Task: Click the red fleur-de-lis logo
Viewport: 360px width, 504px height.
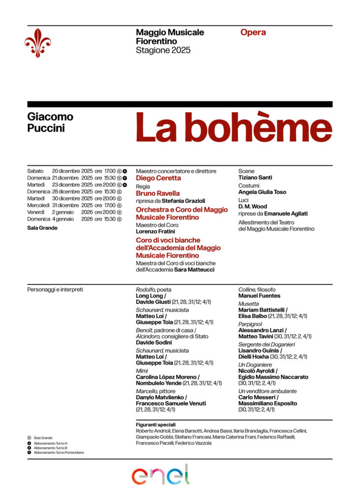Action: point(38,42)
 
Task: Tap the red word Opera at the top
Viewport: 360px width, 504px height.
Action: point(253,32)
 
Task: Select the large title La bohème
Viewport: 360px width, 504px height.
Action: point(234,128)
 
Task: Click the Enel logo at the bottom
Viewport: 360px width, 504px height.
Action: point(160,474)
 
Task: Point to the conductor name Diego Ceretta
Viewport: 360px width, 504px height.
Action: point(158,178)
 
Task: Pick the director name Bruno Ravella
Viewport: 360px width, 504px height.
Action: point(158,193)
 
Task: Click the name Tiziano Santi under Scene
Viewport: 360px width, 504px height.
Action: point(255,177)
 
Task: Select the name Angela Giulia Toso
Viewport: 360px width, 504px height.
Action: point(262,192)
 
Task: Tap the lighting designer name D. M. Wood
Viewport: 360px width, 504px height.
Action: point(252,207)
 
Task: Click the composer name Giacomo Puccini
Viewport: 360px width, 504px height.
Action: point(50,123)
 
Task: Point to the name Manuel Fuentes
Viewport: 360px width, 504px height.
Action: point(259,296)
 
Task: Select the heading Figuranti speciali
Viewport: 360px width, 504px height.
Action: point(155,424)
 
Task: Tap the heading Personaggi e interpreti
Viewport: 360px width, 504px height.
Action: point(55,289)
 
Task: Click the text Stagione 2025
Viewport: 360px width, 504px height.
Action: point(163,50)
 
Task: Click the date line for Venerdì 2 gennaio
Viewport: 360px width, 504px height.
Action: point(74,212)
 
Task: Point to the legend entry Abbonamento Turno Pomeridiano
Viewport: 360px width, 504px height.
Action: point(59,452)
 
